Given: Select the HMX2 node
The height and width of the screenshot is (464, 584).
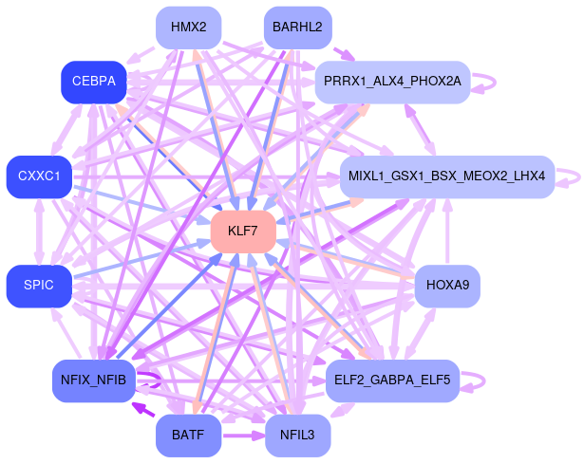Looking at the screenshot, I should pyautogui.click(x=188, y=27).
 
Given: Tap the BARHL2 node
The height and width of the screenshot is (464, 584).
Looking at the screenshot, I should pyautogui.click(x=296, y=27).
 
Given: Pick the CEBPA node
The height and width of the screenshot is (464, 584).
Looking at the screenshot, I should pyautogui.click(x=93, y=82).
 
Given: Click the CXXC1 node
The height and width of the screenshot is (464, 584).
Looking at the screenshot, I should pyautogui.click(x=39, y=176).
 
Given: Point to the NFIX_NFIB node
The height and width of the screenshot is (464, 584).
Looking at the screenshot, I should pyautogui.click(x=93, y=380).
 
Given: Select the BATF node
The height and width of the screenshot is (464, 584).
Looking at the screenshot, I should pyautogui.click(x=188, y=436).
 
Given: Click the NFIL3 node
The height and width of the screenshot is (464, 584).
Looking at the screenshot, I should pyautogui.click(x=297, y=436).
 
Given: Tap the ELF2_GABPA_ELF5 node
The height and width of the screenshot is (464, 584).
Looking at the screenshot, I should pyautogui.click(x=393, y=380).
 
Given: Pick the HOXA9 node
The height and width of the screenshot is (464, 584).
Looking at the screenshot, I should pyautogui.click(x=447, y=285).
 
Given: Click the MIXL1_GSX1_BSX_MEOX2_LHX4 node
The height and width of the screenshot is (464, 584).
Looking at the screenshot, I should pyautogui.click(x=446, y=176).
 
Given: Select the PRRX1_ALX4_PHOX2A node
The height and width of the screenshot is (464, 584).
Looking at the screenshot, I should pyautogui.click(x=392, y=82).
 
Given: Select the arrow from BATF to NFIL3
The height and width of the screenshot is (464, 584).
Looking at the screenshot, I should pyautogui.click(x=243, y=436).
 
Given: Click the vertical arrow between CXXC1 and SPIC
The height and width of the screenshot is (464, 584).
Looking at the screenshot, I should pyautogui.click(x=39, y=232).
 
